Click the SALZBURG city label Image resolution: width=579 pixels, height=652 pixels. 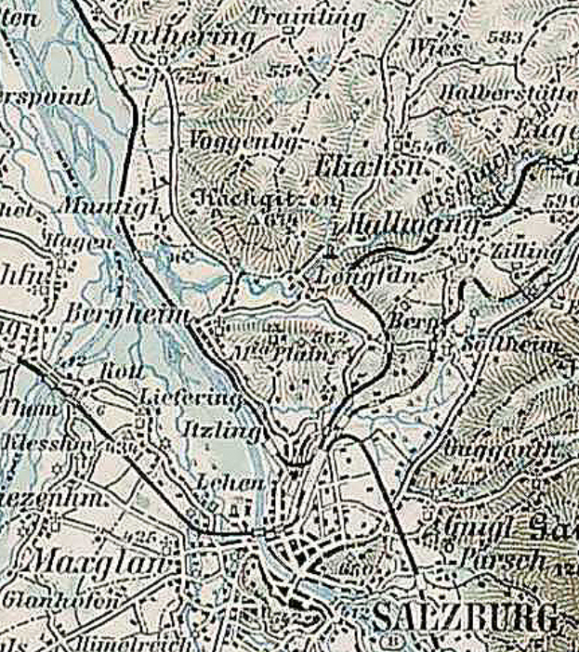pos(467,616)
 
